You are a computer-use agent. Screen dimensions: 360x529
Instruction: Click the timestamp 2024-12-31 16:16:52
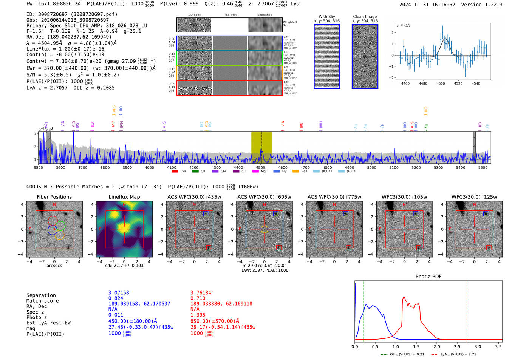pos(427,5)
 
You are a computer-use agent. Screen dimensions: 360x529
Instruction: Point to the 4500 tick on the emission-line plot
pos(441,83)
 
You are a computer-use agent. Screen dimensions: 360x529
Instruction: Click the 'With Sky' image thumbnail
pos(327,56)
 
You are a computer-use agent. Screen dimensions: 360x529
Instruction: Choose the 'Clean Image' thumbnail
pos(365,56)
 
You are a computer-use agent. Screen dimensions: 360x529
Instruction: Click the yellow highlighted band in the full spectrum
pos(261,147)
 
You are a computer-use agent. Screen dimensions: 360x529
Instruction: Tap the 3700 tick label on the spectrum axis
pos(83,167)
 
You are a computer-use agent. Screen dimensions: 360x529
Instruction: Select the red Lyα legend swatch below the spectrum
pos(175,171)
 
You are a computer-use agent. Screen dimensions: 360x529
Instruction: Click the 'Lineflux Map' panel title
pos(124,197)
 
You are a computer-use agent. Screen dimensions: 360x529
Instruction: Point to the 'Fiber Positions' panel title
pos(54,197)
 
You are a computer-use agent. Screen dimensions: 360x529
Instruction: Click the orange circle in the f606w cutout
pos(264,229)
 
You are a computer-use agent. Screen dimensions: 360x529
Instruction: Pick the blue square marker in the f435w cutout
pos(206,214)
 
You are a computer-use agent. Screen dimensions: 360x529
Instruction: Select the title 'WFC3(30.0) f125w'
pos(474,197)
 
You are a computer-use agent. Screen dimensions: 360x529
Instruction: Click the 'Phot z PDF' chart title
pos(428,277)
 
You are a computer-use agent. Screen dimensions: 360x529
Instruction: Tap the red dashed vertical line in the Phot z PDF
pos(466,310)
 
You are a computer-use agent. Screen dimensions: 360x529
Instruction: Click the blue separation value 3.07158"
pos(120,293)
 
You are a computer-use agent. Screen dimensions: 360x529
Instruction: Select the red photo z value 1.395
pos(198,315)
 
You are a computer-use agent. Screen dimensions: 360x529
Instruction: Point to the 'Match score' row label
pos(42,301)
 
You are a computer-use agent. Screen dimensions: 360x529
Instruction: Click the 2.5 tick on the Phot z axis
pos(457,346)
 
